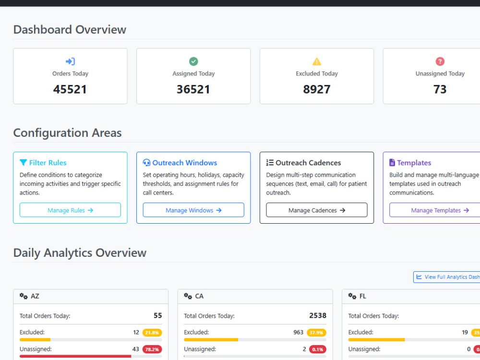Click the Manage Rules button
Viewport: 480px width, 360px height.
[70, 210]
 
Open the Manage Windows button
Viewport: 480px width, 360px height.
[193, 210]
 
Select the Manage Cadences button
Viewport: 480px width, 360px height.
[316, 210]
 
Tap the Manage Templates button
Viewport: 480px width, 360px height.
[435, 210]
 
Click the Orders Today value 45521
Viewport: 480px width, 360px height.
[70, 89]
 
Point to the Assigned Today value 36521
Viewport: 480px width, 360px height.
[193, 89]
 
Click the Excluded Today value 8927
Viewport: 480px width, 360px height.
[317, 89]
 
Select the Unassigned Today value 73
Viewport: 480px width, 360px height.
[440, 89]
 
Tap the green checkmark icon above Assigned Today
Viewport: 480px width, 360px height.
[193, 61]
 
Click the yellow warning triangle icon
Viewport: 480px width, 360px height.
[317, 61]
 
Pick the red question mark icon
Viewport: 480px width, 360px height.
[440, 61]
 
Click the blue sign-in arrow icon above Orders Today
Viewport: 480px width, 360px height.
[70, 61]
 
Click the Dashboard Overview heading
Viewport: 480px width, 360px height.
[70, 30]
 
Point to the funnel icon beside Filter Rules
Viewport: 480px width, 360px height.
[23, 163]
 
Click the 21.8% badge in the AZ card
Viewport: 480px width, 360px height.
[152, 333]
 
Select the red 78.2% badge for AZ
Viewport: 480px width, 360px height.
[152, 349]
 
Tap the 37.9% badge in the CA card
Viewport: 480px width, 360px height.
[316, 333]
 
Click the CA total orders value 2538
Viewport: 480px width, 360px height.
[318, 316]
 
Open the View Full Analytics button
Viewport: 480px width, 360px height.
[446, 277]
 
